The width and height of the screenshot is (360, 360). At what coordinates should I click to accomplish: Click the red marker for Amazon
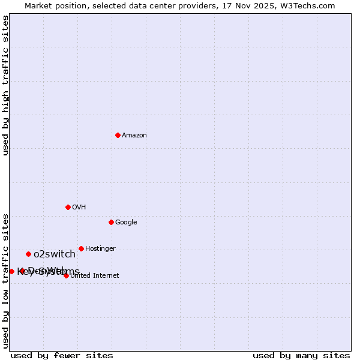tap(118, 135)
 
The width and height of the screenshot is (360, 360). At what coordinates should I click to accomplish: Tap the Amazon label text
tap(134, 136)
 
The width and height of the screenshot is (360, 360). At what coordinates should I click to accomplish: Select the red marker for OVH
tap(68, 207)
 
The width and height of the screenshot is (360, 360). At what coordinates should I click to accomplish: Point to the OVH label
tap(79, 208)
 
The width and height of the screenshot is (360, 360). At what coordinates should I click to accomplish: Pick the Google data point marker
tap(111, 222)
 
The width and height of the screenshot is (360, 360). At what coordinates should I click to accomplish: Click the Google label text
tap(126, 223)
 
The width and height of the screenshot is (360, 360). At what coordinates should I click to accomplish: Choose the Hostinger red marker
tap(81, 248)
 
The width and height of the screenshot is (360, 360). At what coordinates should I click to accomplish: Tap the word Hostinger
tap(100, 249)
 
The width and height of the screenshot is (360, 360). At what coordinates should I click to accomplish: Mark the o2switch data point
tap(28, 254)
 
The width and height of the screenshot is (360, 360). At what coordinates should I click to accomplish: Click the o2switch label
tap(55, 254)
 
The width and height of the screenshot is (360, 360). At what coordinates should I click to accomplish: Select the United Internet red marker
tap(66, 275)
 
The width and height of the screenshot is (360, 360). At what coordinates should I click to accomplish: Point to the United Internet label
tap(95, 276)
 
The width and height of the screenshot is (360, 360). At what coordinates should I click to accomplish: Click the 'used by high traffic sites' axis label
tap(5, 85)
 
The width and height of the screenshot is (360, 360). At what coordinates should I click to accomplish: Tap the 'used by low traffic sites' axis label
tap(5, 280)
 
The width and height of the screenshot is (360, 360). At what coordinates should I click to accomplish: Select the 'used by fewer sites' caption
tap(62, 355)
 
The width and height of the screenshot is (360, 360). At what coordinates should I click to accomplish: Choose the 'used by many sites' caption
tap(301, 355)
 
